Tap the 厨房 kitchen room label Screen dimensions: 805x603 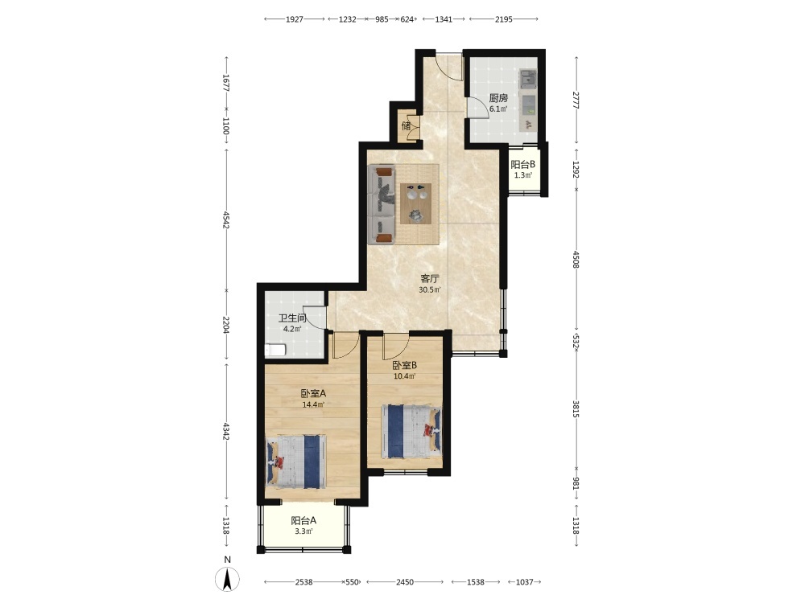pos(498,98)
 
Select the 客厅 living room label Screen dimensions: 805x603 pos(430,279)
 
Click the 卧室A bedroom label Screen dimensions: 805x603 pos(313,394)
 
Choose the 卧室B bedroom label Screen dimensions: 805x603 pos(405,366)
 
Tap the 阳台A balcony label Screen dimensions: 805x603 pos(304,520)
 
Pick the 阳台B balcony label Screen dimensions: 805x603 pos(523,165)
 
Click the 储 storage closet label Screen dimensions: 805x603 pos(406,125)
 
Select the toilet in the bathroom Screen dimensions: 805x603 pos(275,351)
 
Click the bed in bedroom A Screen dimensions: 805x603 pos(296,461)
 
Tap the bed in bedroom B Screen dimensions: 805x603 pos(411,431)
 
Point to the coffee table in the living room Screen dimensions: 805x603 pos(416,203)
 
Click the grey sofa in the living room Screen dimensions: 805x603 pos(382,204)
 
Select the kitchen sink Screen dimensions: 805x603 pos(528,79)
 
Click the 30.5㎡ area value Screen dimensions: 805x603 pos(430,290)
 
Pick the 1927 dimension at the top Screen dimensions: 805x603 pos(295,19)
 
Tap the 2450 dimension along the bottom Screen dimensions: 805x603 pos(405,582)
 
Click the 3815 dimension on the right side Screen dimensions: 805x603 pos(576,408)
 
